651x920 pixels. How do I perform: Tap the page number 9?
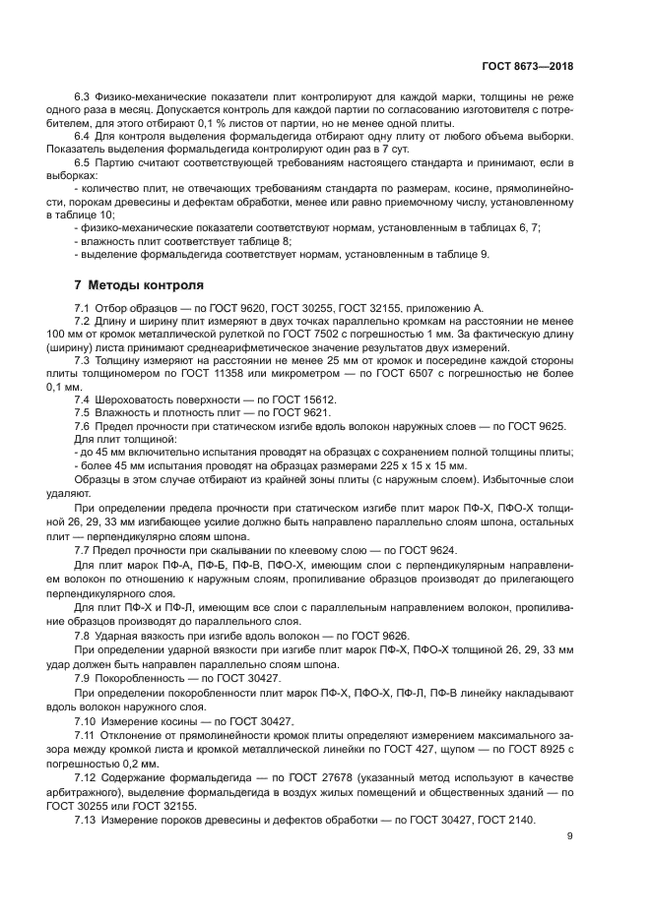pyautogui.click(x=570, y=837)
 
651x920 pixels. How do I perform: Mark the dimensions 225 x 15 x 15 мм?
pyautogui.click(x=420, y=463)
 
